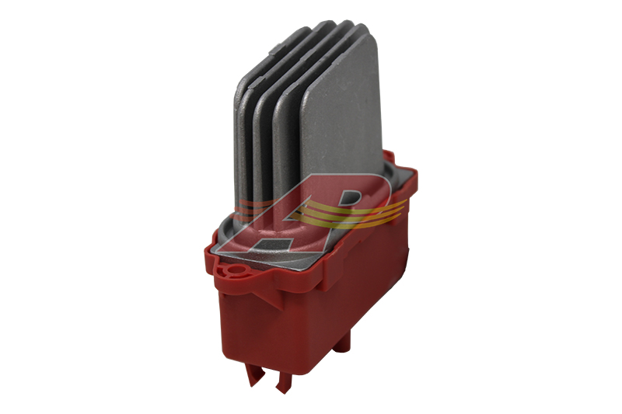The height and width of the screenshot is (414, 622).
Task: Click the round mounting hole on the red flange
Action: click(x=238, y=270)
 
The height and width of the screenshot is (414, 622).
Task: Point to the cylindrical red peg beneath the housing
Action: click(x=341, y=342)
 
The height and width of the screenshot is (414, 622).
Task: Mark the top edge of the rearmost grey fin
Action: click(x=274, y=51)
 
